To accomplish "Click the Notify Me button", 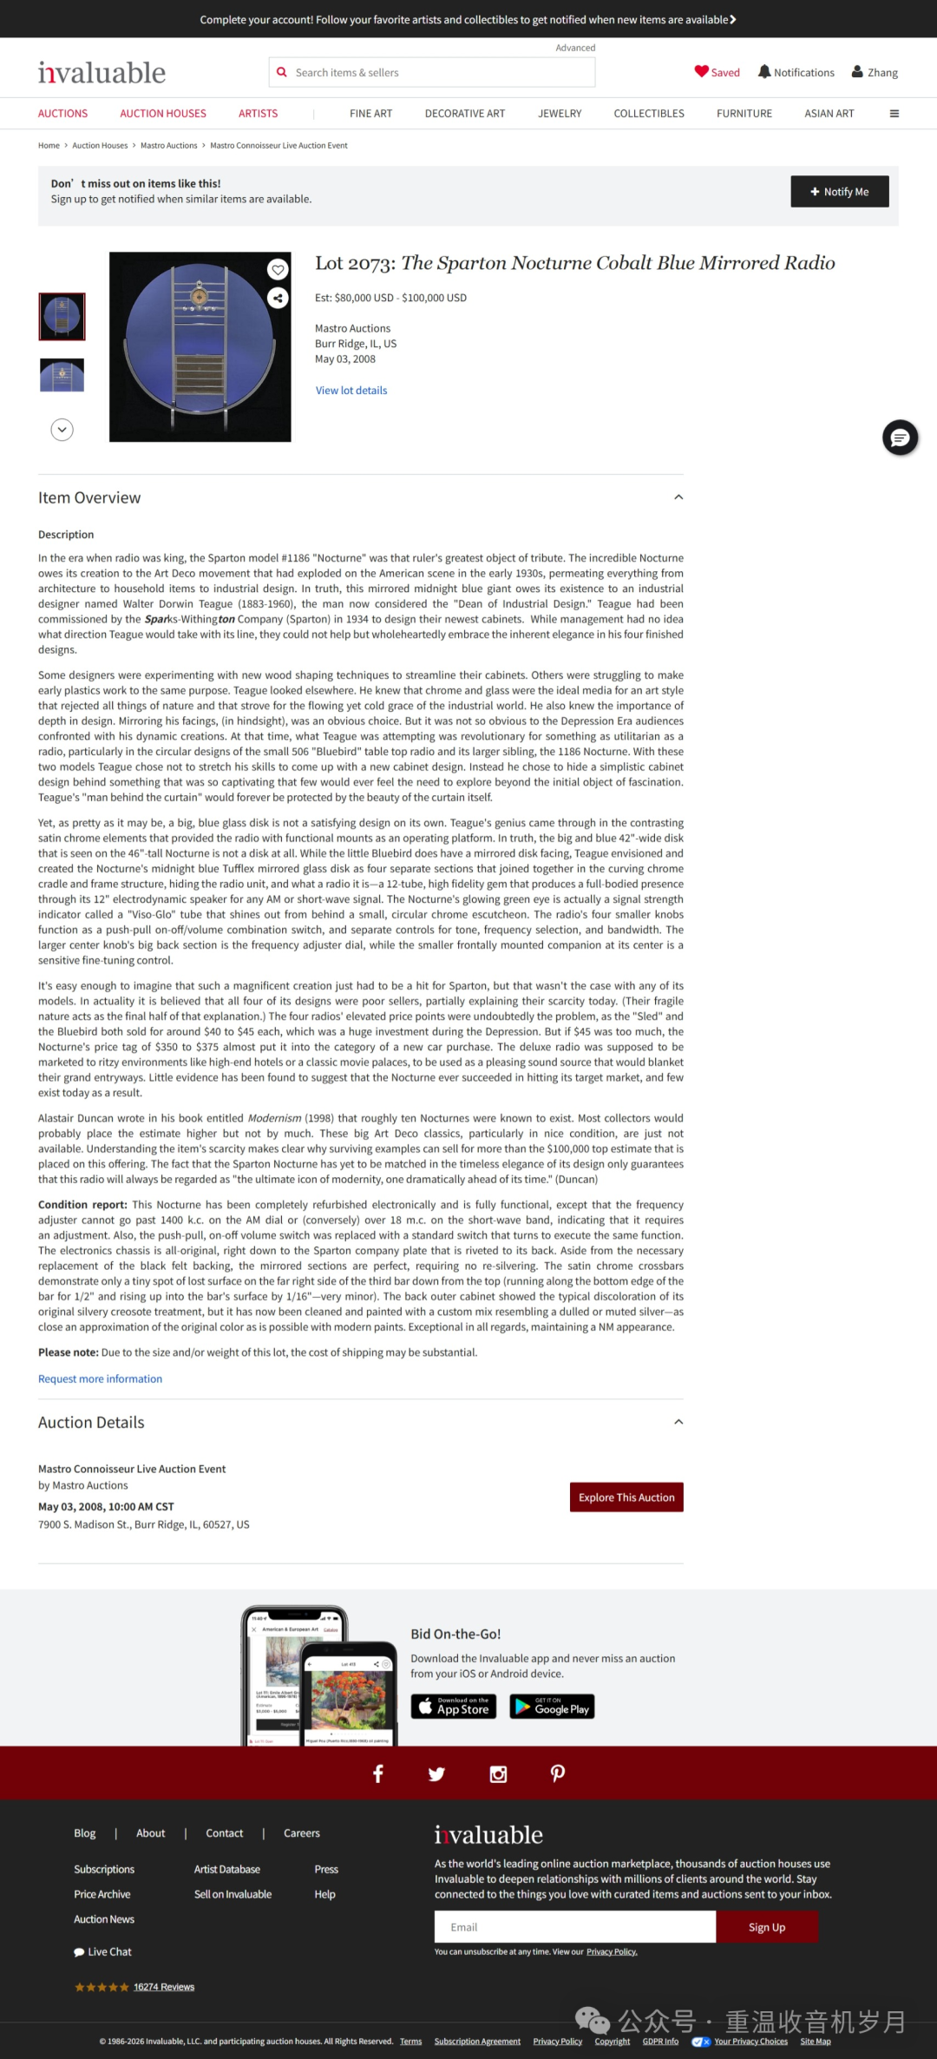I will click(x=839, y=192).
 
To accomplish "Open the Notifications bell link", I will click(x=796, y=73).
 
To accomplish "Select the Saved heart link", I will click(x=717, y=73).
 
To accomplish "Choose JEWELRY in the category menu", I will click(x=560, y=114).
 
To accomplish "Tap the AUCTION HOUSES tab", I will click(x=163, y=114).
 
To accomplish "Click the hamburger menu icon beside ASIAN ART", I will click(x=894, y=114).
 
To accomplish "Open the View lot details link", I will click(x=351, y=391).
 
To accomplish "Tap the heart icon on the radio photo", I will click(x=278, y=270).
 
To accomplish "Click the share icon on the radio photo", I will click(x=278, y=299).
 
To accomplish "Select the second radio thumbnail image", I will click(x=62, y=375).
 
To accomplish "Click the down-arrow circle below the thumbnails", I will click(x=62, y=430).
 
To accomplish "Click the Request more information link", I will click(x=100, y=1378).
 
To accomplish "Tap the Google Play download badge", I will click(x=552, y=1707).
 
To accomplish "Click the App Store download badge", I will click(x=454, y=1707).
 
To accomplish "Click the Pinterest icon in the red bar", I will click(x=558, y=1773).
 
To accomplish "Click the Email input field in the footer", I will click(x=574, y=1927).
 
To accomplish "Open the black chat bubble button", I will click(x=900, y=437).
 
